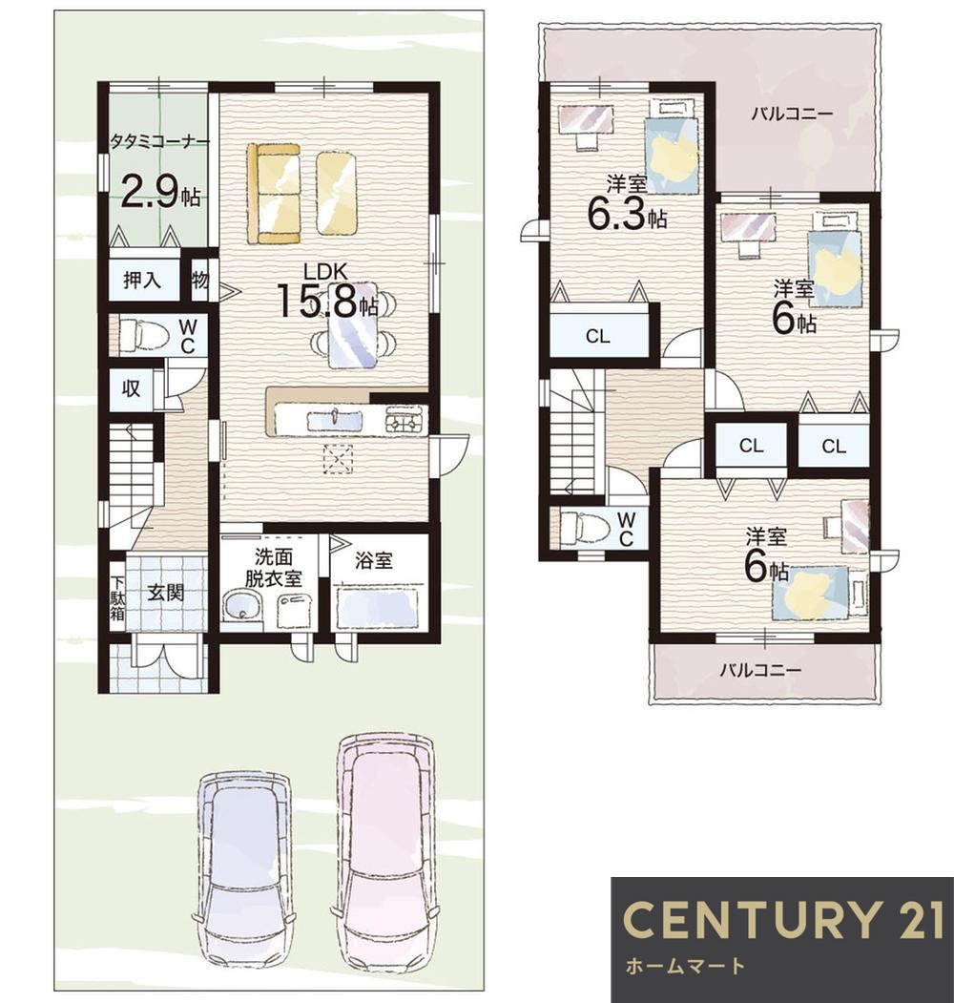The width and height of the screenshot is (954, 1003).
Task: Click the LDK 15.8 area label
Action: click(x=326, y=291)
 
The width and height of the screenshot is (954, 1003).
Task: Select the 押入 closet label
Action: click(x=142, y=281)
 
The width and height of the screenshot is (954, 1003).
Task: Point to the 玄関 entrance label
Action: click(x=166, y=593)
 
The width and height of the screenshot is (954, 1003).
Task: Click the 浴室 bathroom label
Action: click(x=374, y=561)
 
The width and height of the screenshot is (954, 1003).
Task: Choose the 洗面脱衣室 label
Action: click(x=274, y=568)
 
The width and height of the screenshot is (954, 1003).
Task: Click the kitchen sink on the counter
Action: click(x=335, y=422)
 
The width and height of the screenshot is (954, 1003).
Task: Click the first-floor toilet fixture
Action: click(x=142, y=335)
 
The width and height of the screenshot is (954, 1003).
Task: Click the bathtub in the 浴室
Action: click(x=378, y=608)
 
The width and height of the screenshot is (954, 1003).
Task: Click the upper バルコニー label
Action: click(x=792, y=114)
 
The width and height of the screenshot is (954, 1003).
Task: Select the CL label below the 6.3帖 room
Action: click(x=598, y=336)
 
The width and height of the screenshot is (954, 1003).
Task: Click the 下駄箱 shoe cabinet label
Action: click(x=117, y=598)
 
